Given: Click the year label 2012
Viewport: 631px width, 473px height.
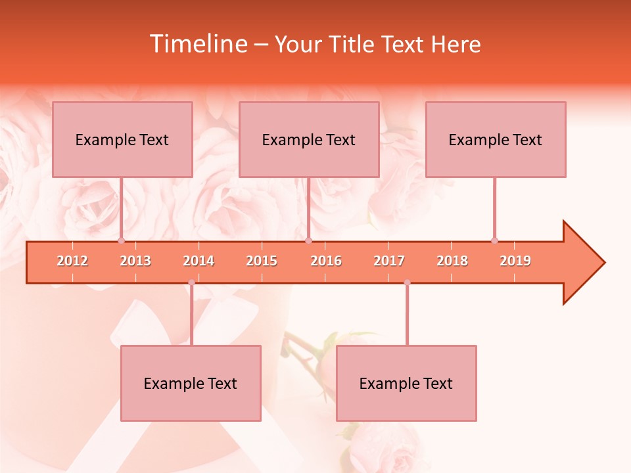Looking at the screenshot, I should pyautogui.click(x=72, y=261).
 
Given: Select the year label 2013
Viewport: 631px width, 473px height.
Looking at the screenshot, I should pyautogui.click(x=135, y=261).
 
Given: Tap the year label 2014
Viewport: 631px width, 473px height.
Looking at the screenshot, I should pyautogui.click(x=199, y=261).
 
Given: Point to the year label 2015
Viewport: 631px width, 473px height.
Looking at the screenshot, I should pyautogui.click(x=262, y=261).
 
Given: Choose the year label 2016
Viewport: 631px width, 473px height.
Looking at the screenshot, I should pyautogui.click(x=326, y=261).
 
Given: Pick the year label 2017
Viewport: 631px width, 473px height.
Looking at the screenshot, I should pyautogui.click(x=389, y=261).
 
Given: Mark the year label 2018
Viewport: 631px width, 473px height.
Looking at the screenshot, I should pyautogui.click(x=452, y=261).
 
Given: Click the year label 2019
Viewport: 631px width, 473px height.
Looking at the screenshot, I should pyautogui.click(x=515, y=261).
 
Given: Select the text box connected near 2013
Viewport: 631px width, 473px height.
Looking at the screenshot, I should pyautogui.click(x=122, y=139).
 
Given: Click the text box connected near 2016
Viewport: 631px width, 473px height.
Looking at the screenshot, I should pyautogui.click(x=309, y=139).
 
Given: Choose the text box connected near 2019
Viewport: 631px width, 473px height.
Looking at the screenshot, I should pyautogui.click(x=496, y=139).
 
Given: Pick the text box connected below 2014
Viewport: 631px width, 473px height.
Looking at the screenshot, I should pyautogui.click(x=191, y=383).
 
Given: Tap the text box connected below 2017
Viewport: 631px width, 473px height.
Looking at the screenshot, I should pyautogui.click(x=406, y=383).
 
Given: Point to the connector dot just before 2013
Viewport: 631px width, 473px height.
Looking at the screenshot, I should pyautogui.click(x=122, y=240).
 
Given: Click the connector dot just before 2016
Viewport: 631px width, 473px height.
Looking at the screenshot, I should pyautogui.click(x=308, y=240).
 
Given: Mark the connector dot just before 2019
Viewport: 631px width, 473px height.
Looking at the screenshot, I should pyautogui.click(x=494, y=240).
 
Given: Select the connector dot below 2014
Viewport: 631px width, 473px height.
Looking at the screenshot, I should pyautogui.click(x=191, y=282).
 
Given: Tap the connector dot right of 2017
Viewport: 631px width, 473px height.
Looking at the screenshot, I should pyautogui.click(x=407, y=282).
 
